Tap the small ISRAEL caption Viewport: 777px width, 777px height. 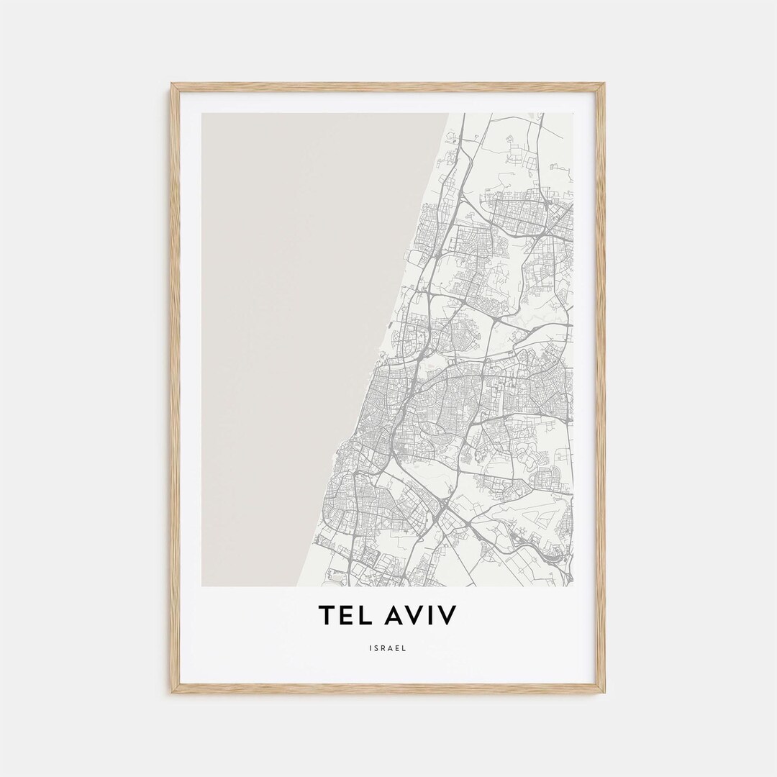click(x=388, y=647)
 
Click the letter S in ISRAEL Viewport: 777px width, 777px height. click(x=376, y=647)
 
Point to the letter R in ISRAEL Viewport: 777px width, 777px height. click(x=384, y=647)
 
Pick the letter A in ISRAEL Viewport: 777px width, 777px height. click(x=392, y=647)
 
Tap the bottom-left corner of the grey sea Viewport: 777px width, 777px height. click(x=204, y=585)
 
